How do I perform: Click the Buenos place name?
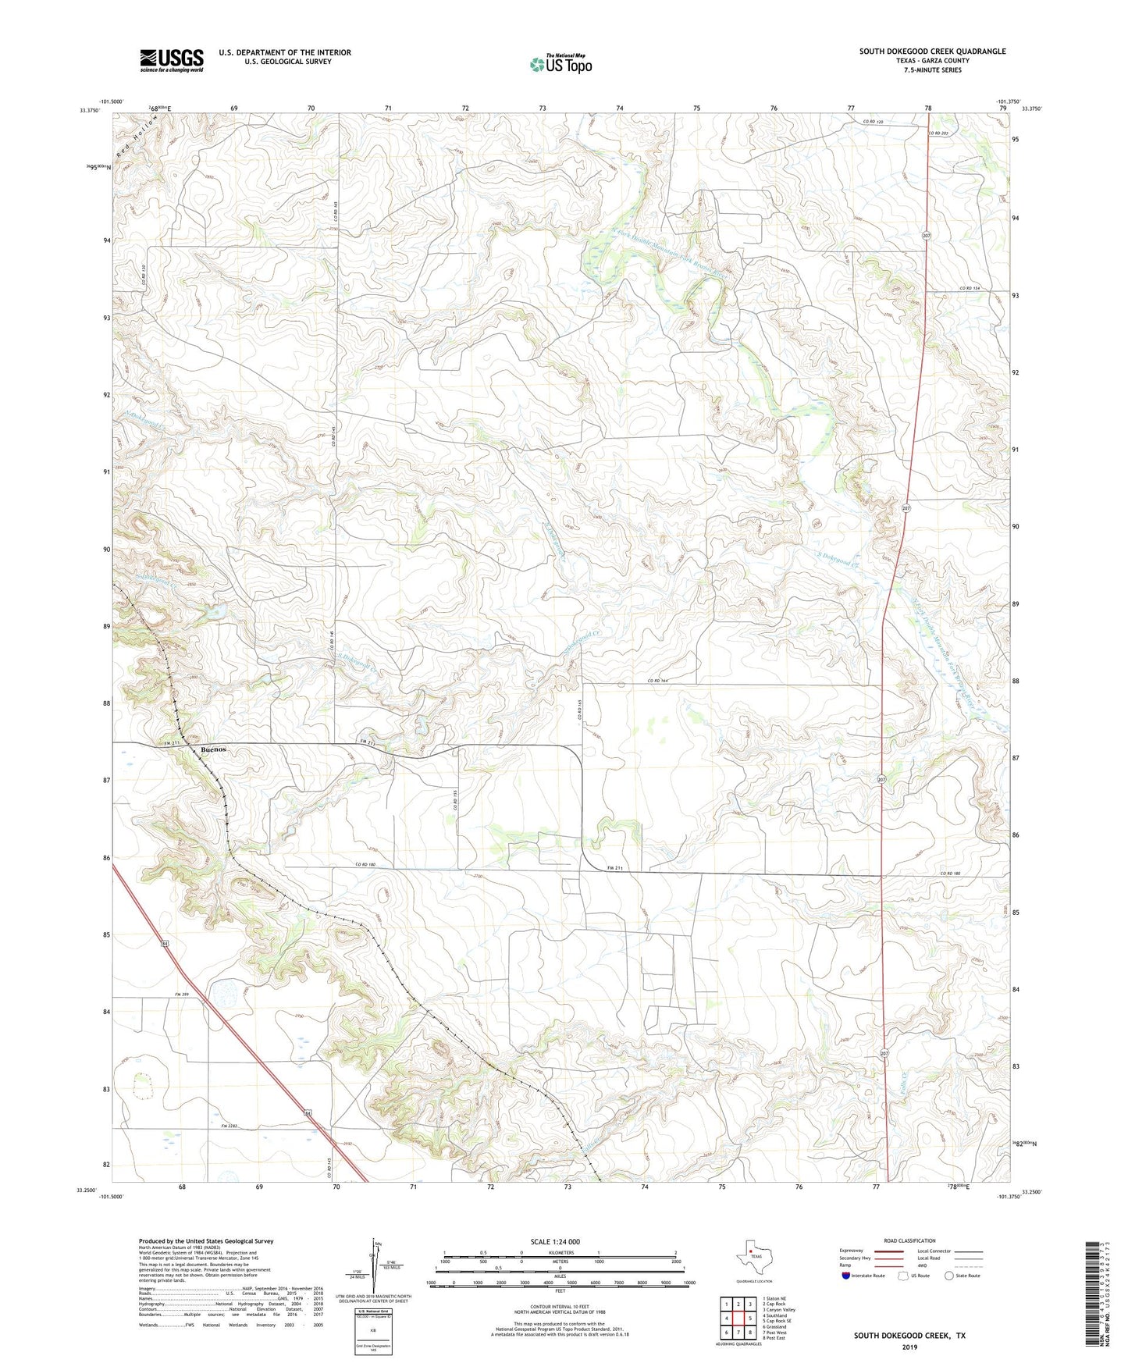point(213,749)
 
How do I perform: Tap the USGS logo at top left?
point(172,60)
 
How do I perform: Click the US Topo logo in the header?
point(560,64)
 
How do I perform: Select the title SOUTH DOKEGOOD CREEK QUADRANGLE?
point(932,52)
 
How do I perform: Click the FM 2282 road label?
point(228,1126)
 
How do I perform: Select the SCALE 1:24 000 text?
point(554,1241)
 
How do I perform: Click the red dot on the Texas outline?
point(751,1256)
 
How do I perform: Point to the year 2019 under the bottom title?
point(909,1347)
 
